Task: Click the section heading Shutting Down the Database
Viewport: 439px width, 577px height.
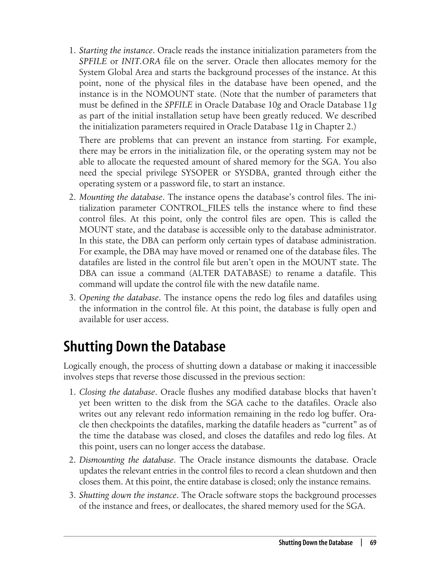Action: (144, 347)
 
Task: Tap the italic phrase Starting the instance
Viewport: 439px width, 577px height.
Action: (116, 50)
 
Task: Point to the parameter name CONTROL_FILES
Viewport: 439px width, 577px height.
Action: (195, 208)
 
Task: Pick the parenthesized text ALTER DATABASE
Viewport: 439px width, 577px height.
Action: (230, 273)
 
